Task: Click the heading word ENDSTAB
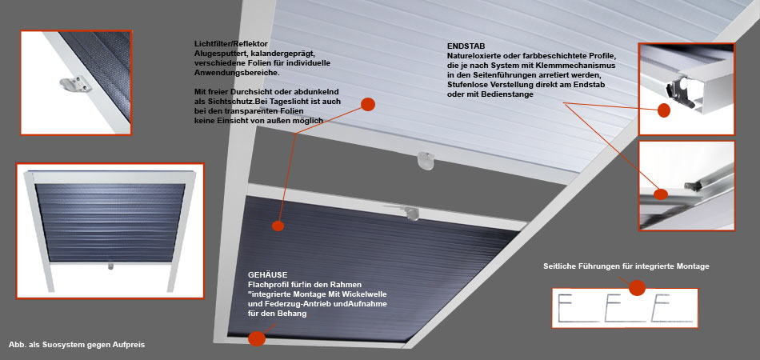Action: click(463, 47)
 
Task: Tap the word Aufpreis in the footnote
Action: click(129, 345)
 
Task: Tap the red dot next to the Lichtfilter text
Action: click(368, 104)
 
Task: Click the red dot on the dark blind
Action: click(278, 226)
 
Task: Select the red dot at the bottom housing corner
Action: click(257, 338)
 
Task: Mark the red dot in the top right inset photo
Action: click(664, 110)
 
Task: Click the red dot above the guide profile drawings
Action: click(637, 288)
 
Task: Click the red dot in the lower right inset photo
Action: click(660, 194)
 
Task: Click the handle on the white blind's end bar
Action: click(426, 160)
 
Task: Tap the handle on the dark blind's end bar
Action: click(412, 213)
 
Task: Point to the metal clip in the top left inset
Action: click(76, 85)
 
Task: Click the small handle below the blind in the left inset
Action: click(111, 266)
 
